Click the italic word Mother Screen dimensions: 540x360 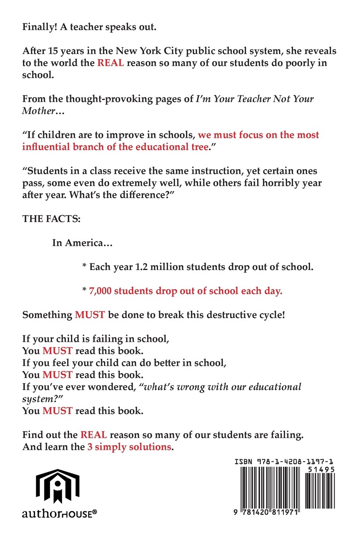[39, 111]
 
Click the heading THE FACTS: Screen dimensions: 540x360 [51, 219]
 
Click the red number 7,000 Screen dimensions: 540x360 [100, 291]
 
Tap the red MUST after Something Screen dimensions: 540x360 [90, 315]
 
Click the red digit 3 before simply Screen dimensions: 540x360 [90, 447]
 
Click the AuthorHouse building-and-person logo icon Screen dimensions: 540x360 [58, 486]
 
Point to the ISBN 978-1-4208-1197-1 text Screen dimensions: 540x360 [284, 462]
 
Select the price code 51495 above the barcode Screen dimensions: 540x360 [321, 469]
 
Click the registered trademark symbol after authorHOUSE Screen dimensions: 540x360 [94, 513]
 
